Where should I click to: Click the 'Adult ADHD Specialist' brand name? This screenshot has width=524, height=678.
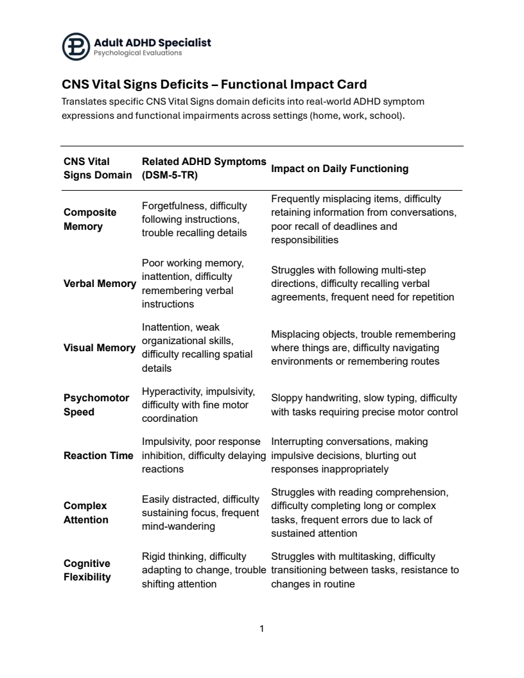click(152, 42)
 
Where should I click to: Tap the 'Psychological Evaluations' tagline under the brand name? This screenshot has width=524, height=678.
click(137, 53)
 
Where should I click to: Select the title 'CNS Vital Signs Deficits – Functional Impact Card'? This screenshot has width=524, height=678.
click(214, 85)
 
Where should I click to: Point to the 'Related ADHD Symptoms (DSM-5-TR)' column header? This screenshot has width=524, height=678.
click(203, 169)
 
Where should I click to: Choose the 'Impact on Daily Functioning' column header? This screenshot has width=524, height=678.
click(340, 169)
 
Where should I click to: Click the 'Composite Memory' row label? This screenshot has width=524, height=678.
click(90, 220)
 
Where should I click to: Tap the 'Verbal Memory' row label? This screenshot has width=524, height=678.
click(100, 284)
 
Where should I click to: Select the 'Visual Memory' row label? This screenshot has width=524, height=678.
click(100, 348)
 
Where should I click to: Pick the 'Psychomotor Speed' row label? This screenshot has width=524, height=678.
click(96, 405)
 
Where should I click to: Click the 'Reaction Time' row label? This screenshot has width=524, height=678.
click(98, 456)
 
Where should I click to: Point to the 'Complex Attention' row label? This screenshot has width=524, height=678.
click(86, 513)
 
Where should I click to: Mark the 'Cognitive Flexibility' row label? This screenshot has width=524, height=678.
click(87, 570)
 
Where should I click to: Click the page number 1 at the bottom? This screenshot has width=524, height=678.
click(262, 629)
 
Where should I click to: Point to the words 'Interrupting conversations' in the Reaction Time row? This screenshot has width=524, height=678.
click(327, 442)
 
